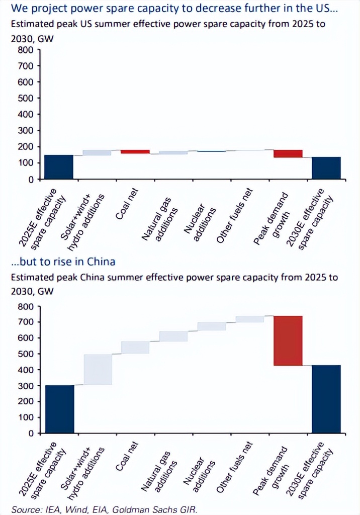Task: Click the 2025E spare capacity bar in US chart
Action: click(x=59, y=166)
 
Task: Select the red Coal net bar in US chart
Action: click(x=135, y=151)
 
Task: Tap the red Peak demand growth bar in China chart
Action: click(x=288, y=340)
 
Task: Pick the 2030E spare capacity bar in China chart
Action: click(x=326, y=399)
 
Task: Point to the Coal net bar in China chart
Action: click(x=135, y=347)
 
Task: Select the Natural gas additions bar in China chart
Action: click(x=173, y=336)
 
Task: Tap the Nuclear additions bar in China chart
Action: click(x=212, y=326)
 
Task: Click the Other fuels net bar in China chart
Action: click(x=250, y=319)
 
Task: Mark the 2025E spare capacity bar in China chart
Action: click(x=59, y=409)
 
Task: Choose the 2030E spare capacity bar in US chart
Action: click(x=326, y=168)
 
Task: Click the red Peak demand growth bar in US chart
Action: click(x=288, y=153)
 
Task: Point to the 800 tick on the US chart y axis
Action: click(x=26, y=50)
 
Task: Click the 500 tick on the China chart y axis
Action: click(x=26, y=354)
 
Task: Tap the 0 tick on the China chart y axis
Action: click(x=31, y=433)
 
